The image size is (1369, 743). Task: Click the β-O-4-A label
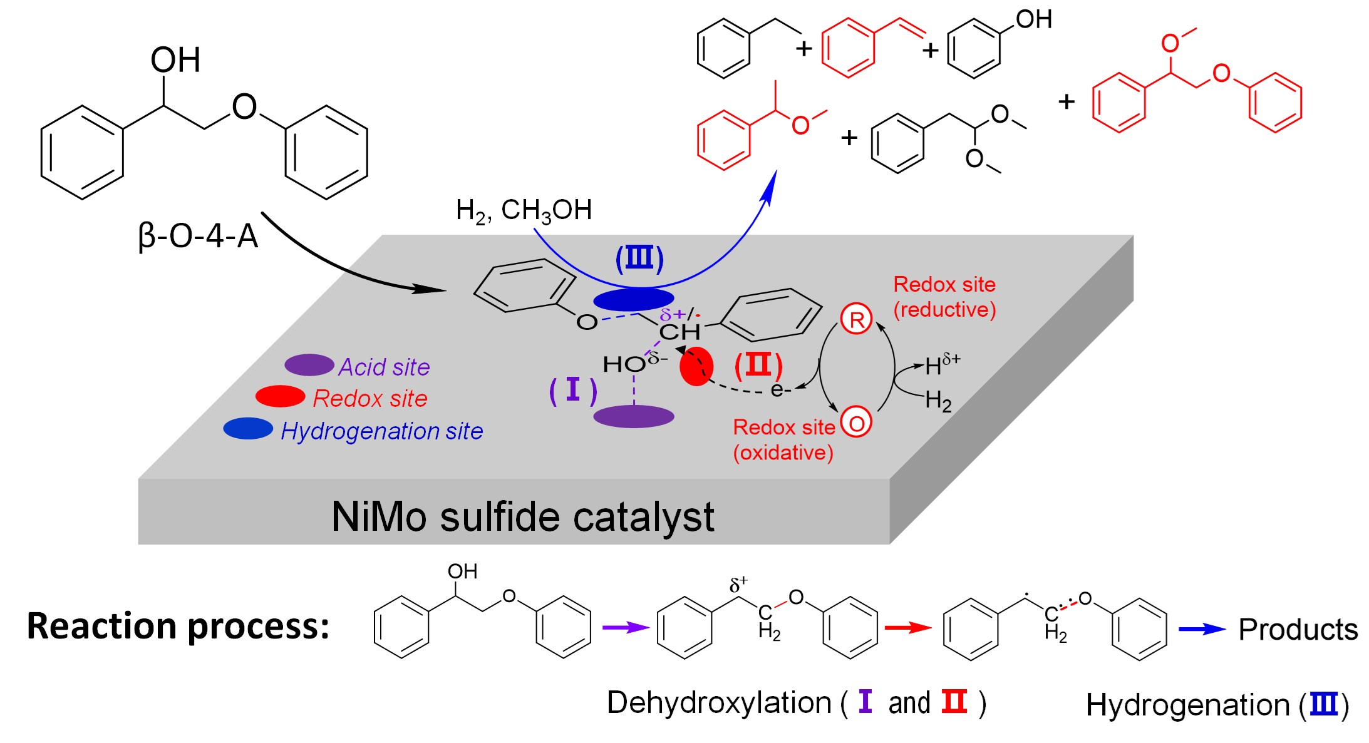[x=198, y=237]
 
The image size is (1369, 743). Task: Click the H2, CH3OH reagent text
[x=524, y=211]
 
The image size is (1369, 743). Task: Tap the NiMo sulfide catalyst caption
[x=522, y=517]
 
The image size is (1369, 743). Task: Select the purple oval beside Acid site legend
[x=309, y=365]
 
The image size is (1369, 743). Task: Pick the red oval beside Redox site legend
[x=280, y=397]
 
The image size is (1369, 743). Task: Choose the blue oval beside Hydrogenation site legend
[x=248, y=429]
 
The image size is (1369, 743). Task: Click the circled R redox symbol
[x=856, y=319]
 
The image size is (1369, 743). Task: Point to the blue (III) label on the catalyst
[x=639, y=259]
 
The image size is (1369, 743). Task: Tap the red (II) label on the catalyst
[x=758, y=366]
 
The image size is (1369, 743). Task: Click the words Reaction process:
[x=178, y=626]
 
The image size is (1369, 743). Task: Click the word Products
[x=1298, y=630]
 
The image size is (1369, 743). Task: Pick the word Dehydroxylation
[x=718, y=703]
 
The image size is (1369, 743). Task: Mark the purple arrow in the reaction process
[x=625, y=627]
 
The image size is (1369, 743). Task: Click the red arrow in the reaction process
[x=908, y=627]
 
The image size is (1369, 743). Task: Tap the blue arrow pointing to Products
[x=1202, y=629]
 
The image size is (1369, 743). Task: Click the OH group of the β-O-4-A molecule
[x=175, y=61]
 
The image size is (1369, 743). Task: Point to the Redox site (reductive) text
[x=944, y=297]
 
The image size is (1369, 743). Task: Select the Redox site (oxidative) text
[x=783, y=439]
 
